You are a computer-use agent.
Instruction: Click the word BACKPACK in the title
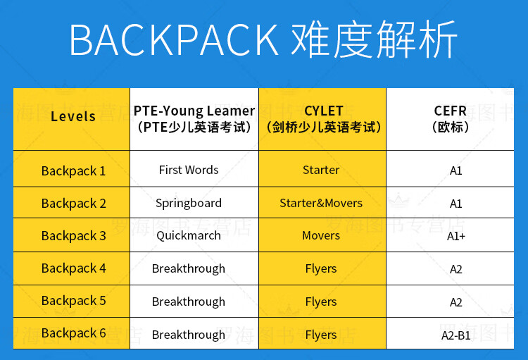(174, 39)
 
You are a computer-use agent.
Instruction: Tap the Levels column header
(73, 116)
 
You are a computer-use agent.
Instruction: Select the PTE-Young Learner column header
(194, 119)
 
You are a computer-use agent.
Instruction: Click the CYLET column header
(323, 119)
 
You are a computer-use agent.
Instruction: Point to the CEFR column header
(451, 119)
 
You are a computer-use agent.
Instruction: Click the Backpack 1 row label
(73, 171)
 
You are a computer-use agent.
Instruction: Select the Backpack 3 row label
(74, 235)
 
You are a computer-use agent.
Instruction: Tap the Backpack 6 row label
(74, 333)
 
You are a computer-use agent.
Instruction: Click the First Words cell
(189, 170)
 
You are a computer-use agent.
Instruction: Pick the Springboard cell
(189, 204)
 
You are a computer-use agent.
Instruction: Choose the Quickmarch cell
(189, 235)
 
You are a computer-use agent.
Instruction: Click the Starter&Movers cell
(321, 203)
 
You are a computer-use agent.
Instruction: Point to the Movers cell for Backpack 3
(321, 235)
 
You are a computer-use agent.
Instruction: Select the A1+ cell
(456, 236)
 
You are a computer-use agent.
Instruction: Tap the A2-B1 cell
(456, 335)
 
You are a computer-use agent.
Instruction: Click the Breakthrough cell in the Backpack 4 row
(189, 268)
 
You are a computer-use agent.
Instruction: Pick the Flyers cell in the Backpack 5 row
(321, 302)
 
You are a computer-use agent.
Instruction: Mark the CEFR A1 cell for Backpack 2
(456, 204)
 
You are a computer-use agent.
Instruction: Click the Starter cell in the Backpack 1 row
(321, 170)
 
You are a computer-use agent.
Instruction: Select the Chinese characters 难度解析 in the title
(374, 39)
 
